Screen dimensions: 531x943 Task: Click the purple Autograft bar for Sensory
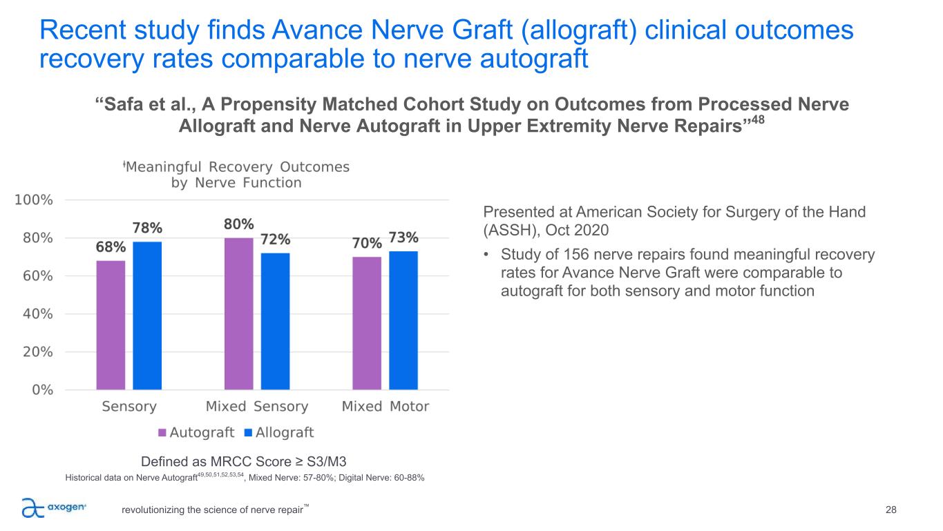click(111, 325)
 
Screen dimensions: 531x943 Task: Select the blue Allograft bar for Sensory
click(147, 316)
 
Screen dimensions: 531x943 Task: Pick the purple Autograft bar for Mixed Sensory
click(239, 313)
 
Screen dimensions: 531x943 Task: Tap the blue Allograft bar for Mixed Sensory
click(275, 321)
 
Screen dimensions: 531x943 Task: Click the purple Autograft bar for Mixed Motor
click(367, 323)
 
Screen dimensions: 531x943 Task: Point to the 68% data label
click(111, 247)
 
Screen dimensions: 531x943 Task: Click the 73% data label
click(403, 238)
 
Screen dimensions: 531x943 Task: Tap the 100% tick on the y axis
click(34, 200)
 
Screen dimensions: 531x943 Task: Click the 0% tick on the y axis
click(41, 390)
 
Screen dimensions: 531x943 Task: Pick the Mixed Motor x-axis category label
click(385, 407)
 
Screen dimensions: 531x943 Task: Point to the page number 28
click(890, 510)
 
